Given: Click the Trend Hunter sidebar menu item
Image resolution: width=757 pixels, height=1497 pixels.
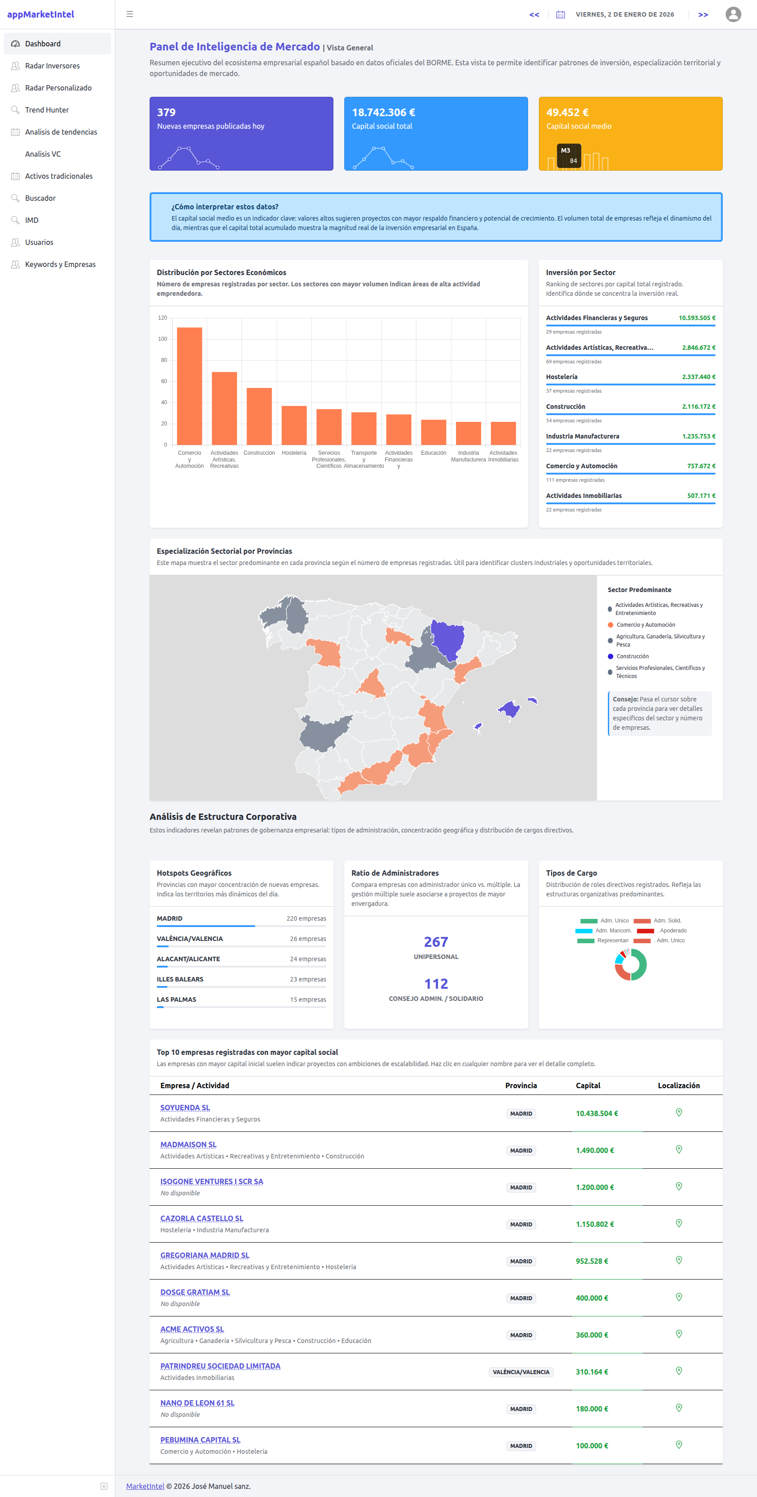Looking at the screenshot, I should click(x=46, y=110).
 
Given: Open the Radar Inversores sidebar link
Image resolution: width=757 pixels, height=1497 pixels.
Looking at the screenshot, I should click(x=52, y=66).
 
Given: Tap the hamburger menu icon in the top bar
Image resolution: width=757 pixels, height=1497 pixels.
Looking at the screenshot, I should click(x=130, y=14).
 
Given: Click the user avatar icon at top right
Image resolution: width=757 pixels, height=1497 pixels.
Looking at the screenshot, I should click(x=733, y=14).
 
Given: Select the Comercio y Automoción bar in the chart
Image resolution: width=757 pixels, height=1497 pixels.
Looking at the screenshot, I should click(x=190, y=386).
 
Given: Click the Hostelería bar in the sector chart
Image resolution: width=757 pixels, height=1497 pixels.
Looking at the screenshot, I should click(x=294, y=425).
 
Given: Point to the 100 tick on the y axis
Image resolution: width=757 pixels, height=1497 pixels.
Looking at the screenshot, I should click(x=163, y=339).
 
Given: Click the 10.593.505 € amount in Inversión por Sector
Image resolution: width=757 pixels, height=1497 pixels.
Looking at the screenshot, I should click(x=697, y=318).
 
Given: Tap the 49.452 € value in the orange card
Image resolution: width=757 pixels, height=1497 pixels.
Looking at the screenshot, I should click(x=567, y=112).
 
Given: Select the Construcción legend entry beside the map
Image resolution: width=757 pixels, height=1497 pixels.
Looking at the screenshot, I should click(x=632, y=656).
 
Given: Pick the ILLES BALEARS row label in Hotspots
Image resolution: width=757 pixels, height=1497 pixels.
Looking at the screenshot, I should click(x=180, y=979).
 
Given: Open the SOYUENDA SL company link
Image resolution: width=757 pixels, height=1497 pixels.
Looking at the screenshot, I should click(x=185, y=1108).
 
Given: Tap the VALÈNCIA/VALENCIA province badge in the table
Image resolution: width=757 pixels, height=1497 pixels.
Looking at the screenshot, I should click(x=520, y=1371).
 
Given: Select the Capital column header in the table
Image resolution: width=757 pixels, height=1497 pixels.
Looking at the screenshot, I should click(x=588, y=1085).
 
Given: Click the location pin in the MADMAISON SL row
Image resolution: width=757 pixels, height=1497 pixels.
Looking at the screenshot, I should click(x=679, y=1149).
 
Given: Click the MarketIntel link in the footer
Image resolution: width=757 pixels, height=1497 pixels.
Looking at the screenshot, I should click(x=145, y=1485).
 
